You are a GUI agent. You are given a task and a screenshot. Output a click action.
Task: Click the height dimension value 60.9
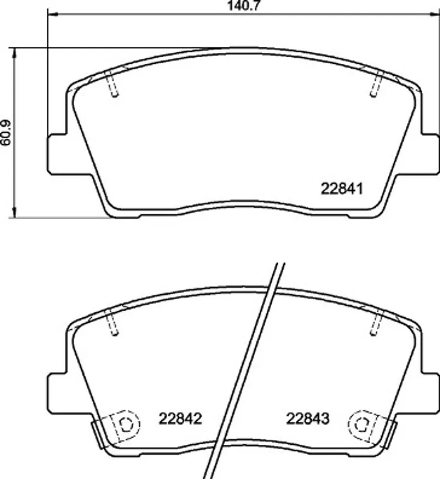(x=6, y=133)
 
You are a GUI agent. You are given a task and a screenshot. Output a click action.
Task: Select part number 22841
(x=342, y=189)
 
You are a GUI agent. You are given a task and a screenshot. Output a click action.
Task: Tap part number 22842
(x=180, y=418)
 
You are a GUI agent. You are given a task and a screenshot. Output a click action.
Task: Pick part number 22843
(x=307, y=418)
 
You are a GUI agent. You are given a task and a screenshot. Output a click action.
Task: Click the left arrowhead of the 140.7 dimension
(x=52, y=14)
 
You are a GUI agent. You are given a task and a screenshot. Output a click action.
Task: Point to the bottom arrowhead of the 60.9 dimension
(x=14, y=213)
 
